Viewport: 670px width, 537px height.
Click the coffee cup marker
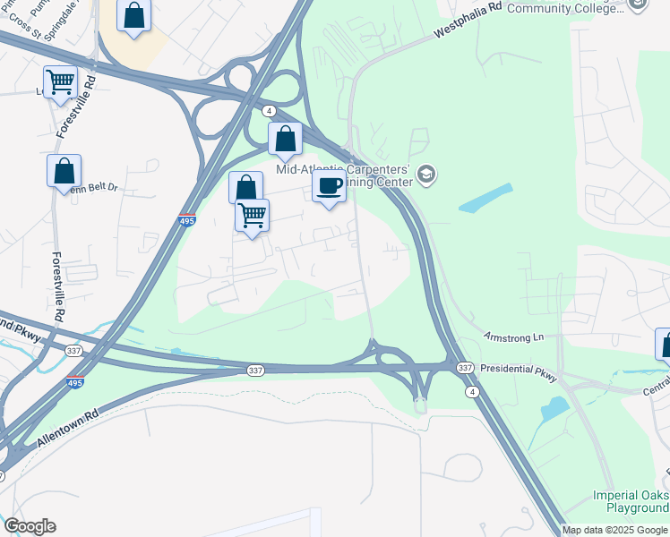coord(329,187)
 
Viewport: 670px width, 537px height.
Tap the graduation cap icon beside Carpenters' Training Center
coord(426,174)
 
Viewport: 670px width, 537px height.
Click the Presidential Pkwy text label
coord(519,368)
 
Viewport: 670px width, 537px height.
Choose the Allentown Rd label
coord(67,430)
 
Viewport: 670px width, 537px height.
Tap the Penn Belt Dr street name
coord(96,188)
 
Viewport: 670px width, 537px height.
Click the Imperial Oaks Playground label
coord(631,501)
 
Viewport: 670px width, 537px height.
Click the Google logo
coord(30,526)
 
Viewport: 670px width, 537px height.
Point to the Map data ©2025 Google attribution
coord(615,530)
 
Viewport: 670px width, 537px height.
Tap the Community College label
coord(564,8)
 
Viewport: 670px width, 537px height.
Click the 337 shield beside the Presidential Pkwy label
coord(464,368)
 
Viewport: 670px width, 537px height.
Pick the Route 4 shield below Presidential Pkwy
coord(470,392)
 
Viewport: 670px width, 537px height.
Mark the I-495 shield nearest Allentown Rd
coord(75,382)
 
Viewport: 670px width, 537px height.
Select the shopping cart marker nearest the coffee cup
coord(253,215)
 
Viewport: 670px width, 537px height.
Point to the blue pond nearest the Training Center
coord(485,198)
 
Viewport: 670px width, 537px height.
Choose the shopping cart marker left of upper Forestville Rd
coord(60,82)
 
